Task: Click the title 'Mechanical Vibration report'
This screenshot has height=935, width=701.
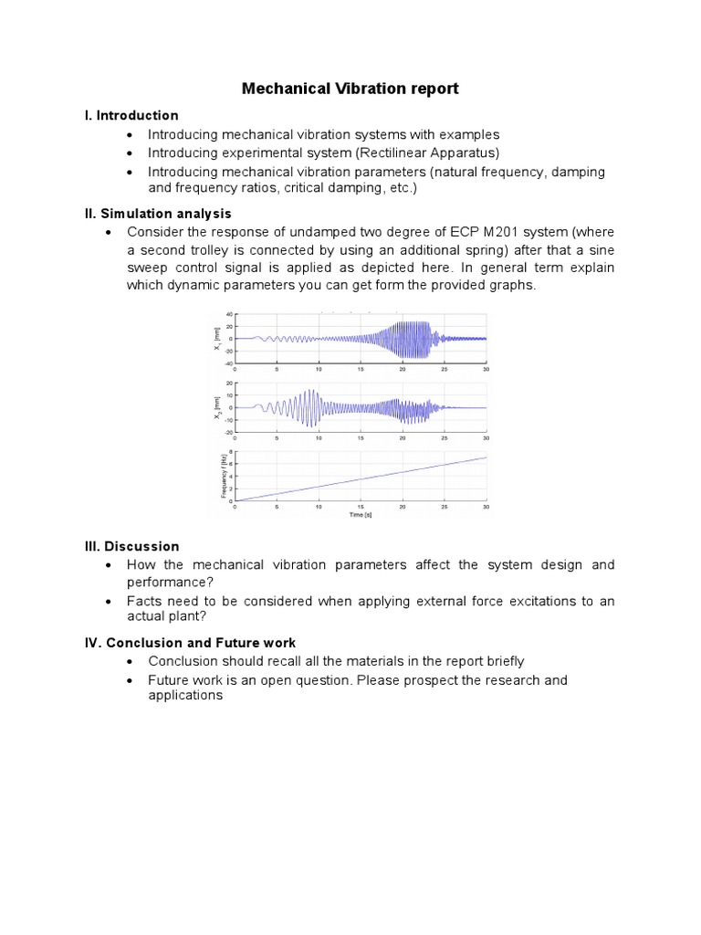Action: pyautogui.click(x=350, y=89)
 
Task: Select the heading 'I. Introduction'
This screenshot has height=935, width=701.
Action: pyautogui.click(x=131, y=115)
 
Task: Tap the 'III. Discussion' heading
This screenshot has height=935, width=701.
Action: pyautogui.click(x=131, y=546)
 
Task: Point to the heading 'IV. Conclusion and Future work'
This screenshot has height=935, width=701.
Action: pyautogui.click(x=190, y=643)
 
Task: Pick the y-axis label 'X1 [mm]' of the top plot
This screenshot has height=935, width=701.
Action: pyautogui.click(x=217, y=340)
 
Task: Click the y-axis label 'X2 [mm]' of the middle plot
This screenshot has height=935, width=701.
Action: pyautogui.click(x=217, y=407)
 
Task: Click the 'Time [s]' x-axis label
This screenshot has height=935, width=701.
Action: pyautogui.click(x=361, y=515)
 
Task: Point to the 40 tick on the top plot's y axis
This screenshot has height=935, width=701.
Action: pyautogui.click(x=230, y=315)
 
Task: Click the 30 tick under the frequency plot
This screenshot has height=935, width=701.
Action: pyautogui.click(x=486, y=507)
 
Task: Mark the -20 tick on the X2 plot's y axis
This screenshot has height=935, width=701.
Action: pyautogui.click(x=229, y=431)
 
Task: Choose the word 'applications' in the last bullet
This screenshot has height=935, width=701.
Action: pyautogui.click(x=185, y=695)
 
